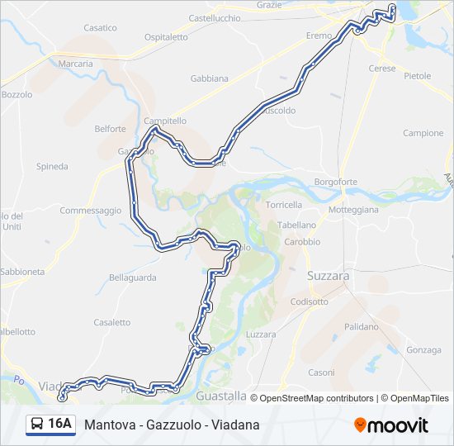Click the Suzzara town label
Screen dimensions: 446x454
(328, 275)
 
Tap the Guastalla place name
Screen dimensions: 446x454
(221, 396)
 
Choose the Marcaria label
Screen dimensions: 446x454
(76, 64)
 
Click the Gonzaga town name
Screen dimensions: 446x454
(424, 350)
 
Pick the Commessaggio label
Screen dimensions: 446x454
(90, 211)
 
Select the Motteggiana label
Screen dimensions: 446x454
(353, 210)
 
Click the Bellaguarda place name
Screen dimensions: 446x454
(132, 278)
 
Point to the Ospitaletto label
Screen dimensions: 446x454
(166, 37)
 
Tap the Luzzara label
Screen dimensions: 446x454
(261, 334)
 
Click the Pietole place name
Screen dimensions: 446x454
(417, 75)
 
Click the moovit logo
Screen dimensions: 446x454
(391, 425)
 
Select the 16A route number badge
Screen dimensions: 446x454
(59, 425)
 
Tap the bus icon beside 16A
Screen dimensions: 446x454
(37, 425)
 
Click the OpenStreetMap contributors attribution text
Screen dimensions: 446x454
(317, 398)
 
